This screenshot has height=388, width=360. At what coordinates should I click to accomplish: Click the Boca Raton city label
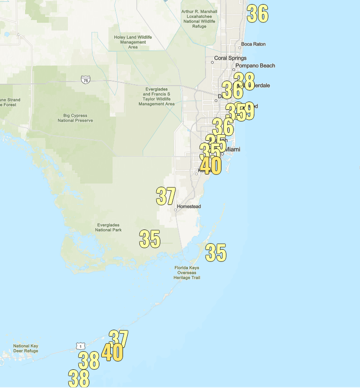point(253,44)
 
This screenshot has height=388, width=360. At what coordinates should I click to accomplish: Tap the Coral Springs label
point(231,58)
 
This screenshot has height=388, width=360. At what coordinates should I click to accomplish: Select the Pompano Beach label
point(255,66)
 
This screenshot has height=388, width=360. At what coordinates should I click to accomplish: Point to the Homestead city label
point(189,206)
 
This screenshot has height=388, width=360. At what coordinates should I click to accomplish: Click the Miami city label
point(232,149)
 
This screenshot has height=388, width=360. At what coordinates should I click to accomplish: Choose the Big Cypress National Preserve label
point(75,118)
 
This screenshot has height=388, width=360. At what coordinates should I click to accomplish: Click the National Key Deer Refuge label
point(26,348)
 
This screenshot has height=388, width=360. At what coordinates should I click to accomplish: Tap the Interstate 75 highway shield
point(85,80)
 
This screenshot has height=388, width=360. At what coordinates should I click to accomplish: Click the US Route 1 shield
point(81,347)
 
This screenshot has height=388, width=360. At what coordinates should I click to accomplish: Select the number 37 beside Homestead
point(166,196)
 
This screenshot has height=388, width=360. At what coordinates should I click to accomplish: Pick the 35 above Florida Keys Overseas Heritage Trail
point(216,253)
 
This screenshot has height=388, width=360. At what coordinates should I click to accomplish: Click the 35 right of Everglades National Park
point(150,239)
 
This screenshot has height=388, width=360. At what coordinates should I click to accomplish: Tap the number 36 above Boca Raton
point(257,14)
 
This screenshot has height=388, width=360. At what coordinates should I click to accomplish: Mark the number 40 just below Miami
point(211,166)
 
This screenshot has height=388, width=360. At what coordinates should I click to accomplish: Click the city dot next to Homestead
point(175,210)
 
